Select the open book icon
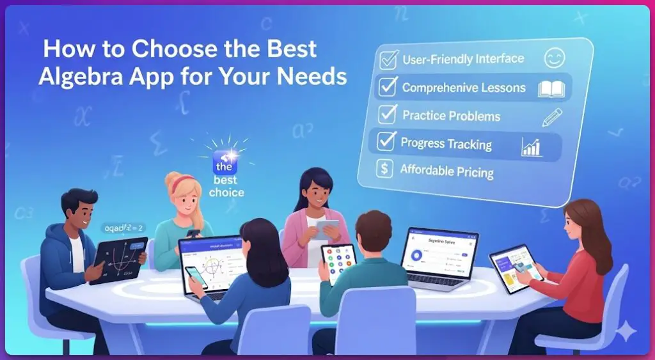pos(551,89)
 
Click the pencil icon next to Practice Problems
pos(551,118)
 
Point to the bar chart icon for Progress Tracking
pos(532,146)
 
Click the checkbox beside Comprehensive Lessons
pos(388,88)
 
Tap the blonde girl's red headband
pos(184,180)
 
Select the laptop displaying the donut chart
pos(439,256)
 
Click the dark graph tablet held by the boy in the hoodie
pos(119,259)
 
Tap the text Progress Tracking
pos(446,144)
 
